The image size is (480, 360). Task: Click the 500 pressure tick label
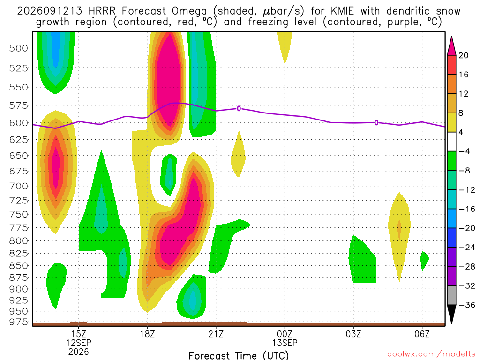point(18,48)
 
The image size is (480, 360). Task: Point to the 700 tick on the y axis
point(18,186)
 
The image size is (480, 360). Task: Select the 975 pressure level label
point(18,322)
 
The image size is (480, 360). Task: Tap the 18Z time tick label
point(147,334)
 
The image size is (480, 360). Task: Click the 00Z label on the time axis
point(285,334)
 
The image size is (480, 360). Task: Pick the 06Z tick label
point(422,334)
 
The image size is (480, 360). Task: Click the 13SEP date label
point(285,343)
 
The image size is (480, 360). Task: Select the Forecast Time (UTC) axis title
point(239,355)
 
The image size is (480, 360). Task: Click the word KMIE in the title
point(342,11)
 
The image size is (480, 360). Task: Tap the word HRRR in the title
point(102,11)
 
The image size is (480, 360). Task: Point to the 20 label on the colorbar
point(464,55)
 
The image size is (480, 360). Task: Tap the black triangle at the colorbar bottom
point(451,314)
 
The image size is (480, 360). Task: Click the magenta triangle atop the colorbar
point(451,46)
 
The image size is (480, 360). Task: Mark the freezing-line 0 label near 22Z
point(239,108)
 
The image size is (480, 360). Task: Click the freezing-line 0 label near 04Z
point(376,123)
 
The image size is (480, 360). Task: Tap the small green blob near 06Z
point(424,260)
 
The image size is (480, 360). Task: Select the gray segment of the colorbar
point(451,295)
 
